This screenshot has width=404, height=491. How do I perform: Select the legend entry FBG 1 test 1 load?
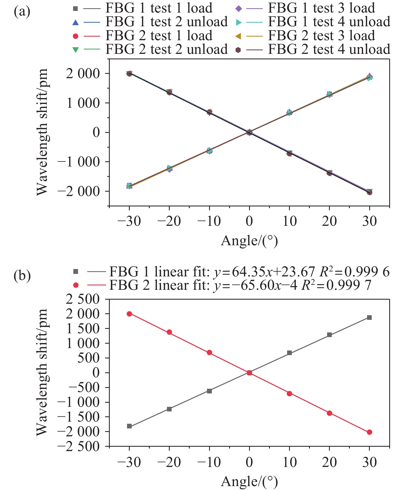[159, 8]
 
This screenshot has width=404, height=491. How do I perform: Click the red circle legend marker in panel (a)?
[76, 36]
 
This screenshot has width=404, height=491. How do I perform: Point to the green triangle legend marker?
[76, 50]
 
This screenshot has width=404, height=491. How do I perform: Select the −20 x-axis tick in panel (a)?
[169, 221]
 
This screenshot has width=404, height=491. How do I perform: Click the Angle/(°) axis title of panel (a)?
[249, 241]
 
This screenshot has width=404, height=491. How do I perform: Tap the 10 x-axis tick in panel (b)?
[289, 462]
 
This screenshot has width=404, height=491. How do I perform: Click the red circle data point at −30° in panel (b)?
[129, 314]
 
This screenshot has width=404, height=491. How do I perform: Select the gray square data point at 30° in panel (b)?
[369, 317]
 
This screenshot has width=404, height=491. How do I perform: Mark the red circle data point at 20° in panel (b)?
[329, 413]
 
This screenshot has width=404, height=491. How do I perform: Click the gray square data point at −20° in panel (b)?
[169, 409]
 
